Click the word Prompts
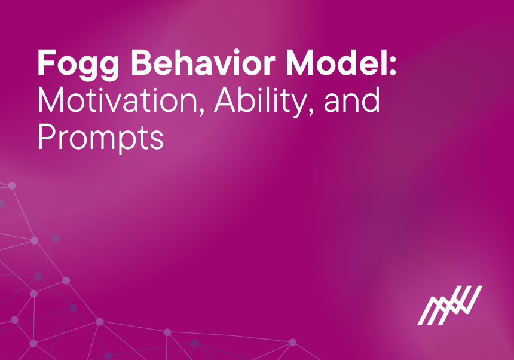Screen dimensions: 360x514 [x=100, y=137]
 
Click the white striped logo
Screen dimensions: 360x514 [x=449, y=305]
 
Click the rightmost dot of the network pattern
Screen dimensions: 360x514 [x=293, y=343]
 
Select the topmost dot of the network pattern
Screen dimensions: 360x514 [x=11, y=185]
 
